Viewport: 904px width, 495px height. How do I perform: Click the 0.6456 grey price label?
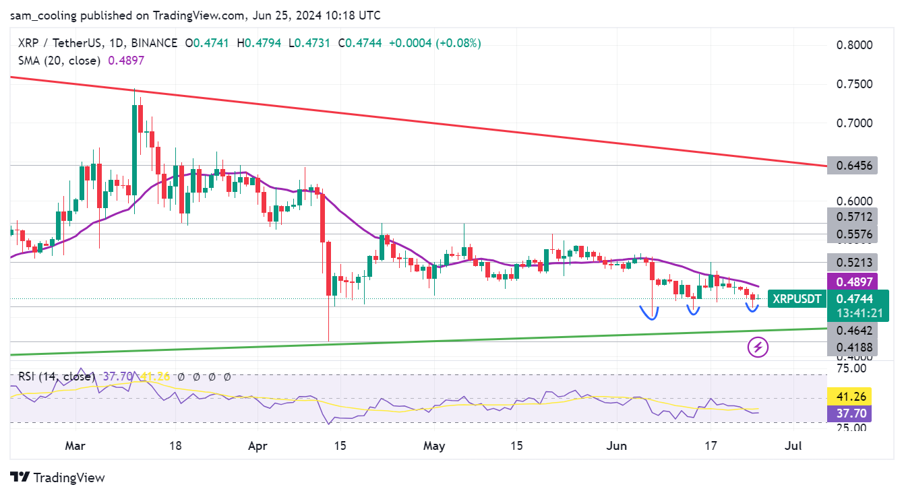tap(852, 165)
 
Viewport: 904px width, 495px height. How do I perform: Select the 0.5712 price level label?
tap(852, 216)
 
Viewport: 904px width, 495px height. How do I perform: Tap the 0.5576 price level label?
tap(852, 234)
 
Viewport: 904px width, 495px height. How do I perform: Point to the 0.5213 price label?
tap(852, 263)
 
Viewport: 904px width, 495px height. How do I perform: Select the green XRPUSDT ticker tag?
tap(797, 299)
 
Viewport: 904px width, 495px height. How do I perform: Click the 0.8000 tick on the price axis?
tap(854, 45)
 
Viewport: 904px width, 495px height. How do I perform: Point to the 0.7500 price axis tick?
tap(854, 84)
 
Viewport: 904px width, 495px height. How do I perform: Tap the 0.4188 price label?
tap(852, 348)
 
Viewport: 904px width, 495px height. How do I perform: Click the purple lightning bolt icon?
tap(758, 348)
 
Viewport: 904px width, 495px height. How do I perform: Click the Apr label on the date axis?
tap(258, 446)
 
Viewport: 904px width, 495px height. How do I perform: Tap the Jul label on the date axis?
tap(795, 446)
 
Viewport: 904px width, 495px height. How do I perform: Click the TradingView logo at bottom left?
tap(58, 477)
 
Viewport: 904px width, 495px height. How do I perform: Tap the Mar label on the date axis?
tap(76, 446)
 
